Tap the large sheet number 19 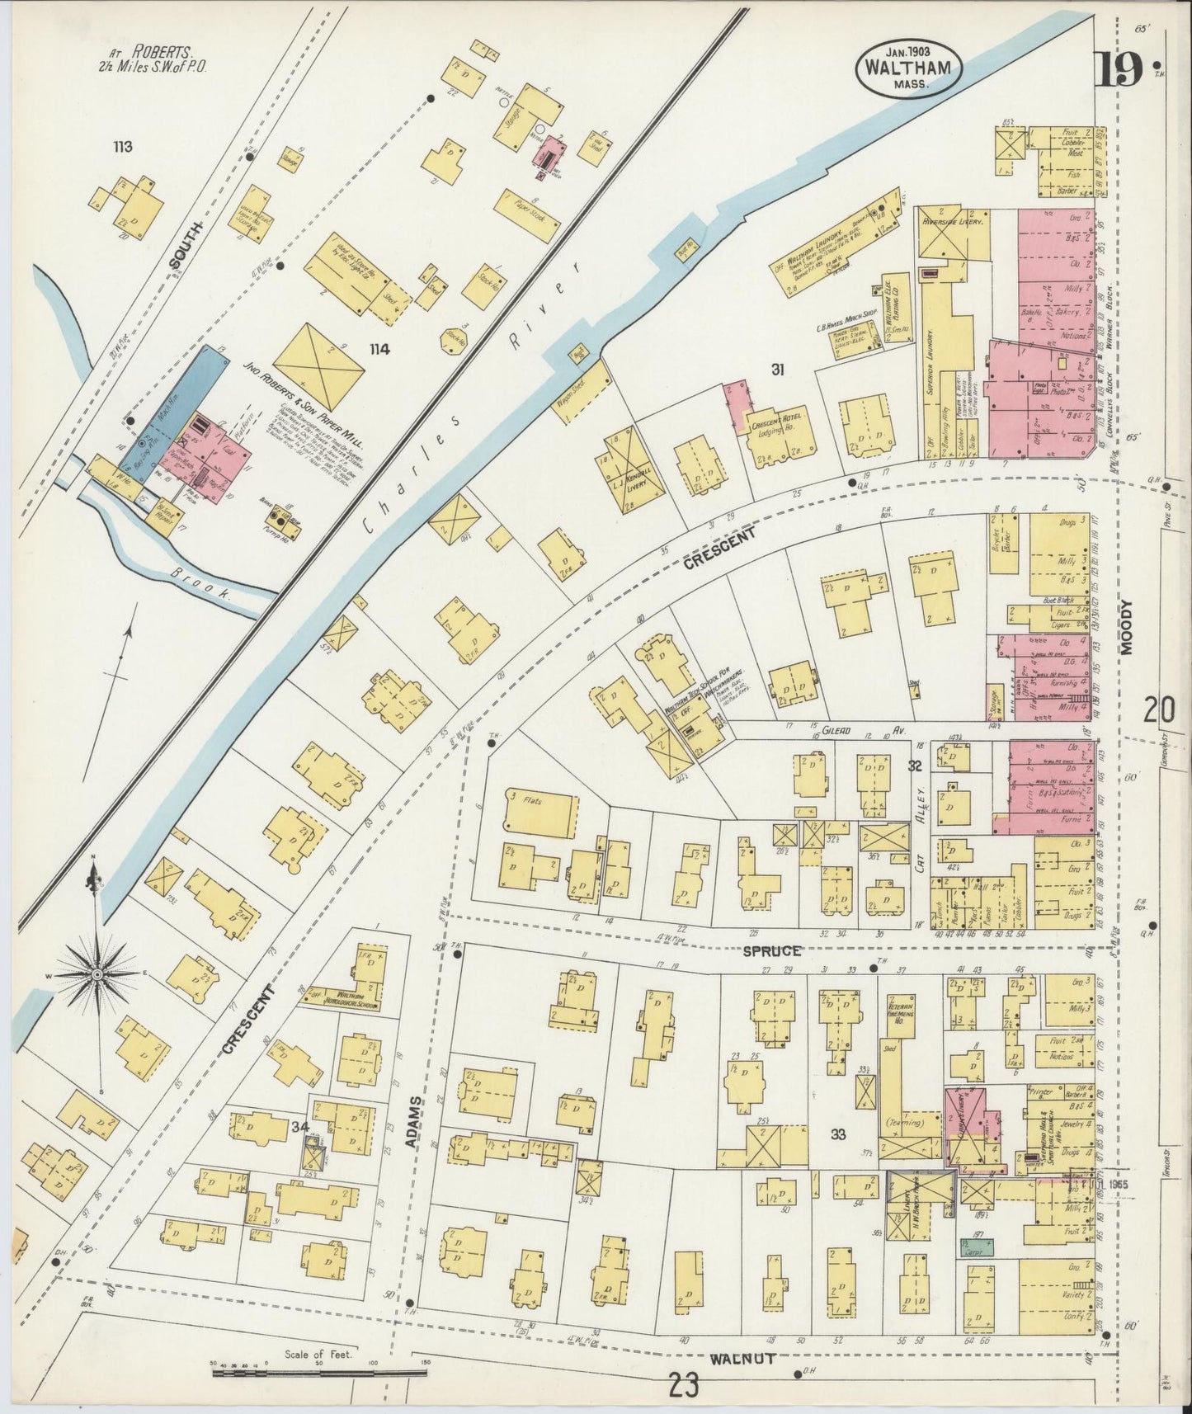[x=1119, y=69]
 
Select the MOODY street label [x=1128, y=627]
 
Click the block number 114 [x=379, y=350]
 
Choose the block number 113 [x=123, y=148]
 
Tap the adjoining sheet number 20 [x=1158, y=709]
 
